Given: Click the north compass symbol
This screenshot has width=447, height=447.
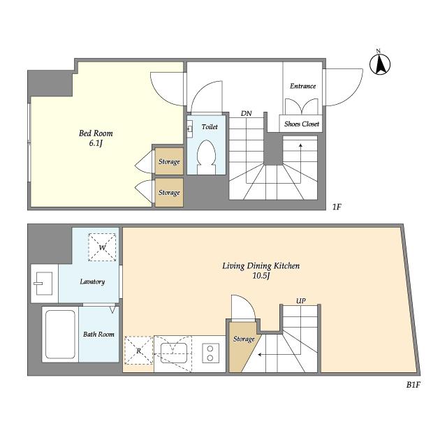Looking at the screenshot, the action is [380, 64].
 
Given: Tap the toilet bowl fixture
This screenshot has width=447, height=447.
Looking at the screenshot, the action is [207, 156].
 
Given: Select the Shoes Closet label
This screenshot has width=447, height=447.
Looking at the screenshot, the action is [301, 124].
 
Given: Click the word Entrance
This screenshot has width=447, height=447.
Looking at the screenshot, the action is [302, 86].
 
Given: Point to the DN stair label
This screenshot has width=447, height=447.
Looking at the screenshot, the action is [247, 113].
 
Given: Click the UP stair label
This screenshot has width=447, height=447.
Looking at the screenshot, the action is [301, 301].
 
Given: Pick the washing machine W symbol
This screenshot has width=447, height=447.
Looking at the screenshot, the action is [102, 247].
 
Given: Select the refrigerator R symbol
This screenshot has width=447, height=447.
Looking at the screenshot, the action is [139, 351].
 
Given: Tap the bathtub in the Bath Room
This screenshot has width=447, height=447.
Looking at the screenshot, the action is [60, 335].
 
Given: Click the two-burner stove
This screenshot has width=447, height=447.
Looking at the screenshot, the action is [210, 353].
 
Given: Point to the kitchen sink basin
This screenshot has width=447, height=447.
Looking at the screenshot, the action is [174, 353].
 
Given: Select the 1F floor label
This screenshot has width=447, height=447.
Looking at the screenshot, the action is [337, 207].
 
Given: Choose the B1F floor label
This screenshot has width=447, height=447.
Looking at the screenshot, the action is [413, 385].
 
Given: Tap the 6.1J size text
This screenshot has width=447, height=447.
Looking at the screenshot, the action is [96, 143].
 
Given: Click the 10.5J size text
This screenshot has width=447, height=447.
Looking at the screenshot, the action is [261, 276].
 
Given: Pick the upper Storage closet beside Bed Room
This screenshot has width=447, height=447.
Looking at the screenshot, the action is [169, 161].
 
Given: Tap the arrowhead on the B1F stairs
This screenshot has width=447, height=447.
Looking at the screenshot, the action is [259, 355].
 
